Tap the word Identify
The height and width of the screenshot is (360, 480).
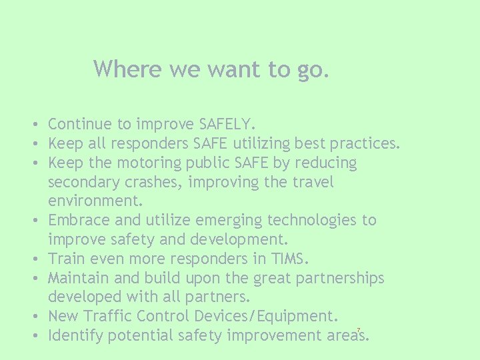(75, 335)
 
